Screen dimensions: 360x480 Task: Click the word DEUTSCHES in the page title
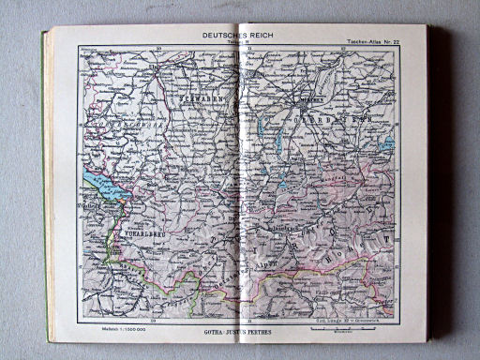pos(221,36)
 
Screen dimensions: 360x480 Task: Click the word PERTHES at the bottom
pos(266,330)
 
